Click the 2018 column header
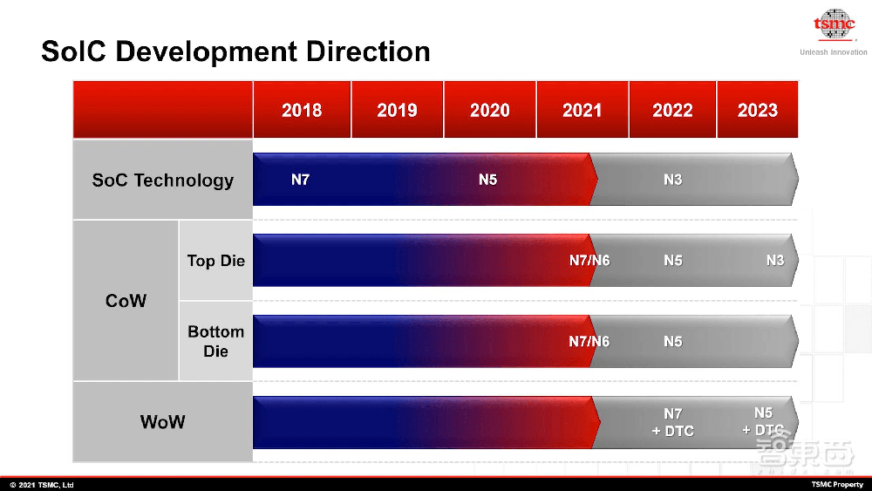coord(302,111)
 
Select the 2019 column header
coord(397,111)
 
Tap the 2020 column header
coord(490,111)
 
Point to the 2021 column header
coord(582,111)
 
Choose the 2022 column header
coord(672,111)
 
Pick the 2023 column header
coord(757,111)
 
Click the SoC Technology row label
coord(163,181)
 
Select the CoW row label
coord(126,301)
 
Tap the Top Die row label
coord(215,261)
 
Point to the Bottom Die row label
coord(215,341)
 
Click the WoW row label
coord(163,422)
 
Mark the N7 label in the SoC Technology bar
coord(300,181)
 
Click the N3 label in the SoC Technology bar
coord(672,181)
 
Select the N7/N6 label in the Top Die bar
coord(589,261)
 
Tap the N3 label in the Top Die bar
coord(774,261)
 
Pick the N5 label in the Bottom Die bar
coord(672,341)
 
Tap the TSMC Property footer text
coord(837,485)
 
